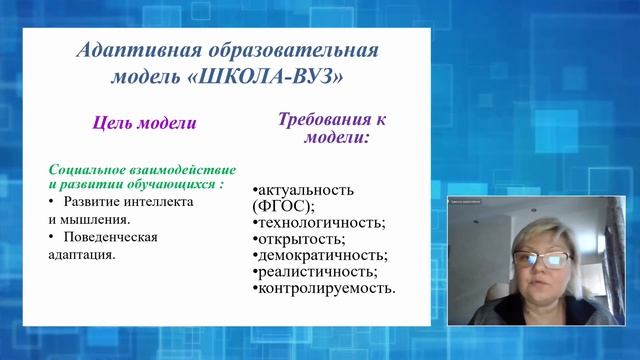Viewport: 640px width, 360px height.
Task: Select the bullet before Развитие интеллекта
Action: coord(52,201)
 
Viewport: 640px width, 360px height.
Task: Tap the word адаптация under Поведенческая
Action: coord(80,255)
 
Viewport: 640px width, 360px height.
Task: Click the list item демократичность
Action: coord(322,256)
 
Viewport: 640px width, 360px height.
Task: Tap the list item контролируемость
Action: coord(326,289)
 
